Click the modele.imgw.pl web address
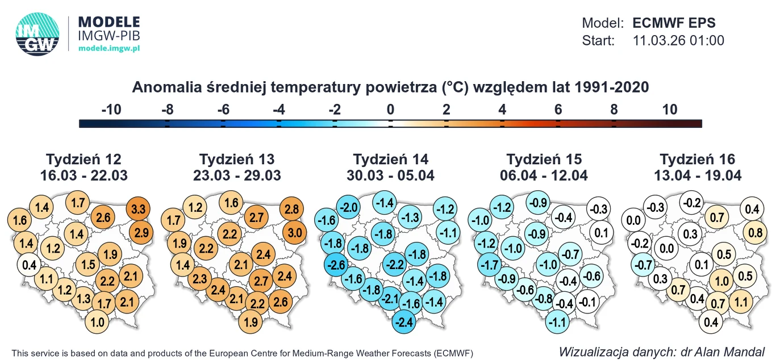click(x=109, y=49)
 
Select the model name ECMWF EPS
click(x=674, y=23)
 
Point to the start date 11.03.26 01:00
click(x=678, y=41)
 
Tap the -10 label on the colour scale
click(x=111, y=110)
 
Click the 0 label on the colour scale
click(x=390, y=110)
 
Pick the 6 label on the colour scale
click(x=558, y=110)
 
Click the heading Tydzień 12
click(x=84, y=159)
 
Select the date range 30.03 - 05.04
click(x=390, y=175)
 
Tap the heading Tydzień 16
click(x=697, y=159)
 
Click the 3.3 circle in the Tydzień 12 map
click(x=138, y=209)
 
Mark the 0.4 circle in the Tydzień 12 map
click(x=29, y=265)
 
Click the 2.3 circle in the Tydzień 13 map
click(x=199, y=279)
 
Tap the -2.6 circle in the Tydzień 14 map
click(x=336, y=265)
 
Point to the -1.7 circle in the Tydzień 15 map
click(x=490, y=265)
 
